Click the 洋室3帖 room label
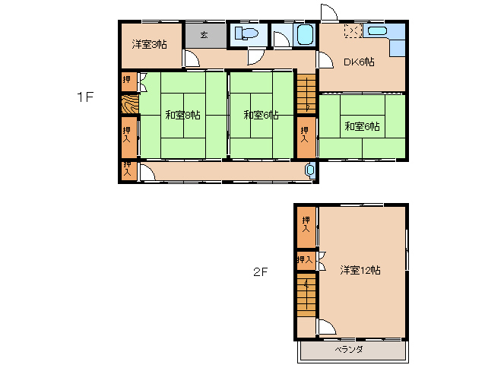[150, 45]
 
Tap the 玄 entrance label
[204, 35]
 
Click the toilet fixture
[246, 33]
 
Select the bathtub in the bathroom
[306, 35]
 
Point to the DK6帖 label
[359, 62]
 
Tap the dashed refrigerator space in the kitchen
[353, 31]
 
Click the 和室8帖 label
[182, 115]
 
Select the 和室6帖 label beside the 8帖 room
[261, 115]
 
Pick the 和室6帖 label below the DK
[362, 126]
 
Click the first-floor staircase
[306, 94]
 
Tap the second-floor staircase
[306, 295]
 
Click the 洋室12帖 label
[360, 270]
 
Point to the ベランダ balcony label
[349, 350]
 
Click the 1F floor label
[85, 97]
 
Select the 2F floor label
[260, 272]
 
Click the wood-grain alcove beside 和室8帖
[130, 104]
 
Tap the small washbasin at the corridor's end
[310, 170]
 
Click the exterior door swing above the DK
[329, 13]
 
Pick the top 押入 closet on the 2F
[306, 227]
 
